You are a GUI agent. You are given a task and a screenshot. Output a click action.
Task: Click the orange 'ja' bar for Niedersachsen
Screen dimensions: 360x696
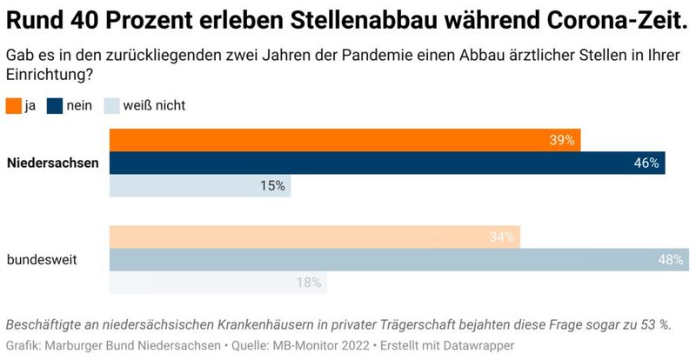pyautogui.click(x=344, y=140)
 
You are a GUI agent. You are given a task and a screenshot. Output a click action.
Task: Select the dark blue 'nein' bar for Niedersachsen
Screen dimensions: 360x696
pyautogui.click(x=386, y=163)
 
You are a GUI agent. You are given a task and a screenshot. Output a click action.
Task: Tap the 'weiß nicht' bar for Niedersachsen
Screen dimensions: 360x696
pyautogui.click(x=199, y=185)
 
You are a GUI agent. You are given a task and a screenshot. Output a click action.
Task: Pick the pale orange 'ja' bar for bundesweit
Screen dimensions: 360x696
pyautogui.click(x=314, y=237)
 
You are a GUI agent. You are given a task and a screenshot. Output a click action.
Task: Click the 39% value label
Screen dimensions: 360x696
pyautogui.click(x=562, y=140)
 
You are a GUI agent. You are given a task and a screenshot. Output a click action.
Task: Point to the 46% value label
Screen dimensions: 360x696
pyautogui.click(x=646, y=163)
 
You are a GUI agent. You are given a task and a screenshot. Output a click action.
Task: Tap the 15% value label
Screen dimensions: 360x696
pyautogui.click(x=271, y=185)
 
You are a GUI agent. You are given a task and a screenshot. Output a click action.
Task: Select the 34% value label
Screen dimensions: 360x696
pyautogui.click(x=501, y=237)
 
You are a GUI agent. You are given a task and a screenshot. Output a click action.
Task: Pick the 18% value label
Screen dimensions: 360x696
pyautogui.click(x=308, y=282)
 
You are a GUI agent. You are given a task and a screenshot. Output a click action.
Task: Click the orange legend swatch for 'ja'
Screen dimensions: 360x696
pyautogui.click(x=13, y=106)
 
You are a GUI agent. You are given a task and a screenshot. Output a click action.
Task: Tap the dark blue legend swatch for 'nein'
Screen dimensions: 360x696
pyautogui.click(x=55, y=106)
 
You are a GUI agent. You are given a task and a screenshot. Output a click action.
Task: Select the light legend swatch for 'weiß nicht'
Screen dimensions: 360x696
pyautogui.click(x=112, y=106)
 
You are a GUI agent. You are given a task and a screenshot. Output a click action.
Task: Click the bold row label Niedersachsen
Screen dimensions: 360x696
pyautogui.click(x=52, y=163)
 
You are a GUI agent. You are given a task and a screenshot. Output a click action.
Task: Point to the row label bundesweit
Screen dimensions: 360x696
pyautogui.click(x=41, y=259)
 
